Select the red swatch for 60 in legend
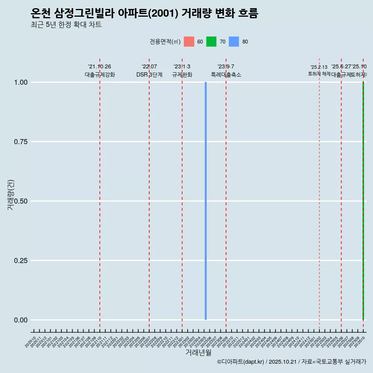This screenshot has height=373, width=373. click(x=189, y=42)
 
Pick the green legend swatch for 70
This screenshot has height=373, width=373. click(x=211, y=42)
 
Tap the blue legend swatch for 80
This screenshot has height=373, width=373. click(x=234, y=42)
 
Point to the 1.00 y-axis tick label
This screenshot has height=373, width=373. click(x=21, y=82)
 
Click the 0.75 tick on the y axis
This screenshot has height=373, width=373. click(x=21, y=142)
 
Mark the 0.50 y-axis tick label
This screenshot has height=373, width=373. click(x=21, y=201)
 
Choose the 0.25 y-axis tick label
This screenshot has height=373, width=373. click(x=21, y=261)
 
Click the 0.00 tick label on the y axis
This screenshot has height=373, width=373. click(x=21, y=320)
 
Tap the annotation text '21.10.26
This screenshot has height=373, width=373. click(x=99, y=67)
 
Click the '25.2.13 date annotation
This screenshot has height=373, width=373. click(x=319, y=67)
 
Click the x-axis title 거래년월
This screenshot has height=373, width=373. click(x=198, y=353)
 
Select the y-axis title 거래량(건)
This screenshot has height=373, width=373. click(x=10, y=195)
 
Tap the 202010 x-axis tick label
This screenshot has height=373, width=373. click(x=31, y=342)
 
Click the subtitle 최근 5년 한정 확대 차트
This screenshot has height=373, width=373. click(x=66, y=25)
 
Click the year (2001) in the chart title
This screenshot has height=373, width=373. click(x=164, y=13)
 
